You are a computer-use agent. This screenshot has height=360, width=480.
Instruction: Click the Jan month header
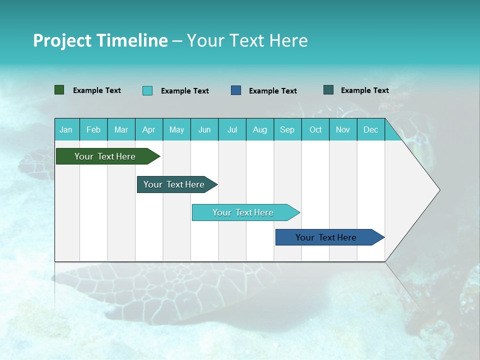point(66,129)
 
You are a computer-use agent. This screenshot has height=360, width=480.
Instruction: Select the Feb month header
point(93,129)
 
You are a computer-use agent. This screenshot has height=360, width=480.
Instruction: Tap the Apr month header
point(149,129)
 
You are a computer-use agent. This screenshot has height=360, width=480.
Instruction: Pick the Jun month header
point(204,129)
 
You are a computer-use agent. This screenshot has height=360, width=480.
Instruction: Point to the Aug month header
point(260,129)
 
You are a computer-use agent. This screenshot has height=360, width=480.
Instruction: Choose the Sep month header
point(287,129)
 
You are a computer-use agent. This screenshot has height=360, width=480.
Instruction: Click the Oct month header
point(315,129)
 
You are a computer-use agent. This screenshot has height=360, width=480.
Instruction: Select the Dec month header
point(371,129)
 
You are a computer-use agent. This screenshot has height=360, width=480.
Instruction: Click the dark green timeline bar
point(105,156)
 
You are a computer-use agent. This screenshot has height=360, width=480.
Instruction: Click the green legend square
point(59,90)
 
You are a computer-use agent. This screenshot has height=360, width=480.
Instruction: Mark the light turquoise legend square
point(147,90)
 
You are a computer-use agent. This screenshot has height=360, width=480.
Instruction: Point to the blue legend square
point(236,90)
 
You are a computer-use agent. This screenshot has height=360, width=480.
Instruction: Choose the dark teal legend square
point(328,90)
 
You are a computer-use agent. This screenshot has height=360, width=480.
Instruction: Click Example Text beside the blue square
point(272,91)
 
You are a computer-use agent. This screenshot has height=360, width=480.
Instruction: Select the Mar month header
point(121,129)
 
